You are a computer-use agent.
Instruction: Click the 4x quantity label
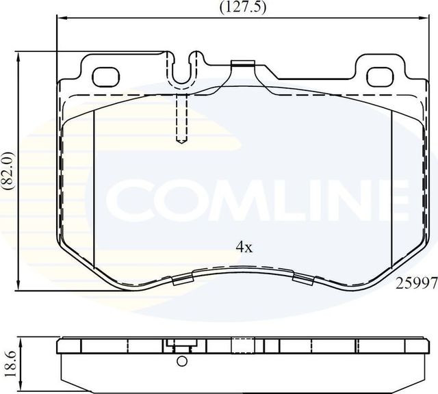pyautogui.click(x=244, y=248)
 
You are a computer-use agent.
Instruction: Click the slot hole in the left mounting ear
pyautogui.click(x=105, y=74)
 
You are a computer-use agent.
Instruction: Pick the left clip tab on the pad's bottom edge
pyautogui.click(x=183, y=278)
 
